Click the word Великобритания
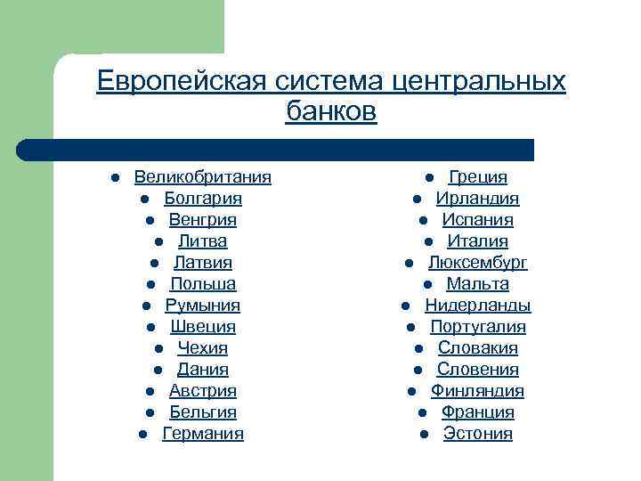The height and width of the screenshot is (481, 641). click(x=203, y=177)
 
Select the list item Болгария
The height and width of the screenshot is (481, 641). click(x=203, y=199)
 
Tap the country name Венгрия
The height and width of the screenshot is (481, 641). click(x=203, y=220)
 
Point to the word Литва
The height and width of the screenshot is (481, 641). click(x=203, y=241)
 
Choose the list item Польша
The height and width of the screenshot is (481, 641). click(x=203, y=284)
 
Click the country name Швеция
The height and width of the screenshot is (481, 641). click(x=203, y=327)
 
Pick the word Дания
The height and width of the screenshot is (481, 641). click(x=203, y=370)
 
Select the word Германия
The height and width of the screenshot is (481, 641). click(x=203, y=434)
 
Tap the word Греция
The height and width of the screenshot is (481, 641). click(x=478, y=177)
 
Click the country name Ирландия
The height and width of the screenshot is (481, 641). click(x=478, y=199)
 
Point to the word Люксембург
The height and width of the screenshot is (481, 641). click(x=478, y=263)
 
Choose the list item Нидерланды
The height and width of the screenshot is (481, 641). click(x=478, y=306)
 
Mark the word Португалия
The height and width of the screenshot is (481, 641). click(x=478, y=327)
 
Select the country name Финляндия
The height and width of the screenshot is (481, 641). click(x=478, y=391)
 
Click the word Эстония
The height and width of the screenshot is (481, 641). click(x=478, y=434)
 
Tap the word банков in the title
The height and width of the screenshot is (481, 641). click(x=332, y=112)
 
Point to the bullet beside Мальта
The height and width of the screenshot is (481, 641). click(x=428, y=285)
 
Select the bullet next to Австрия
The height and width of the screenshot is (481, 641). click(x=150, y=392)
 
